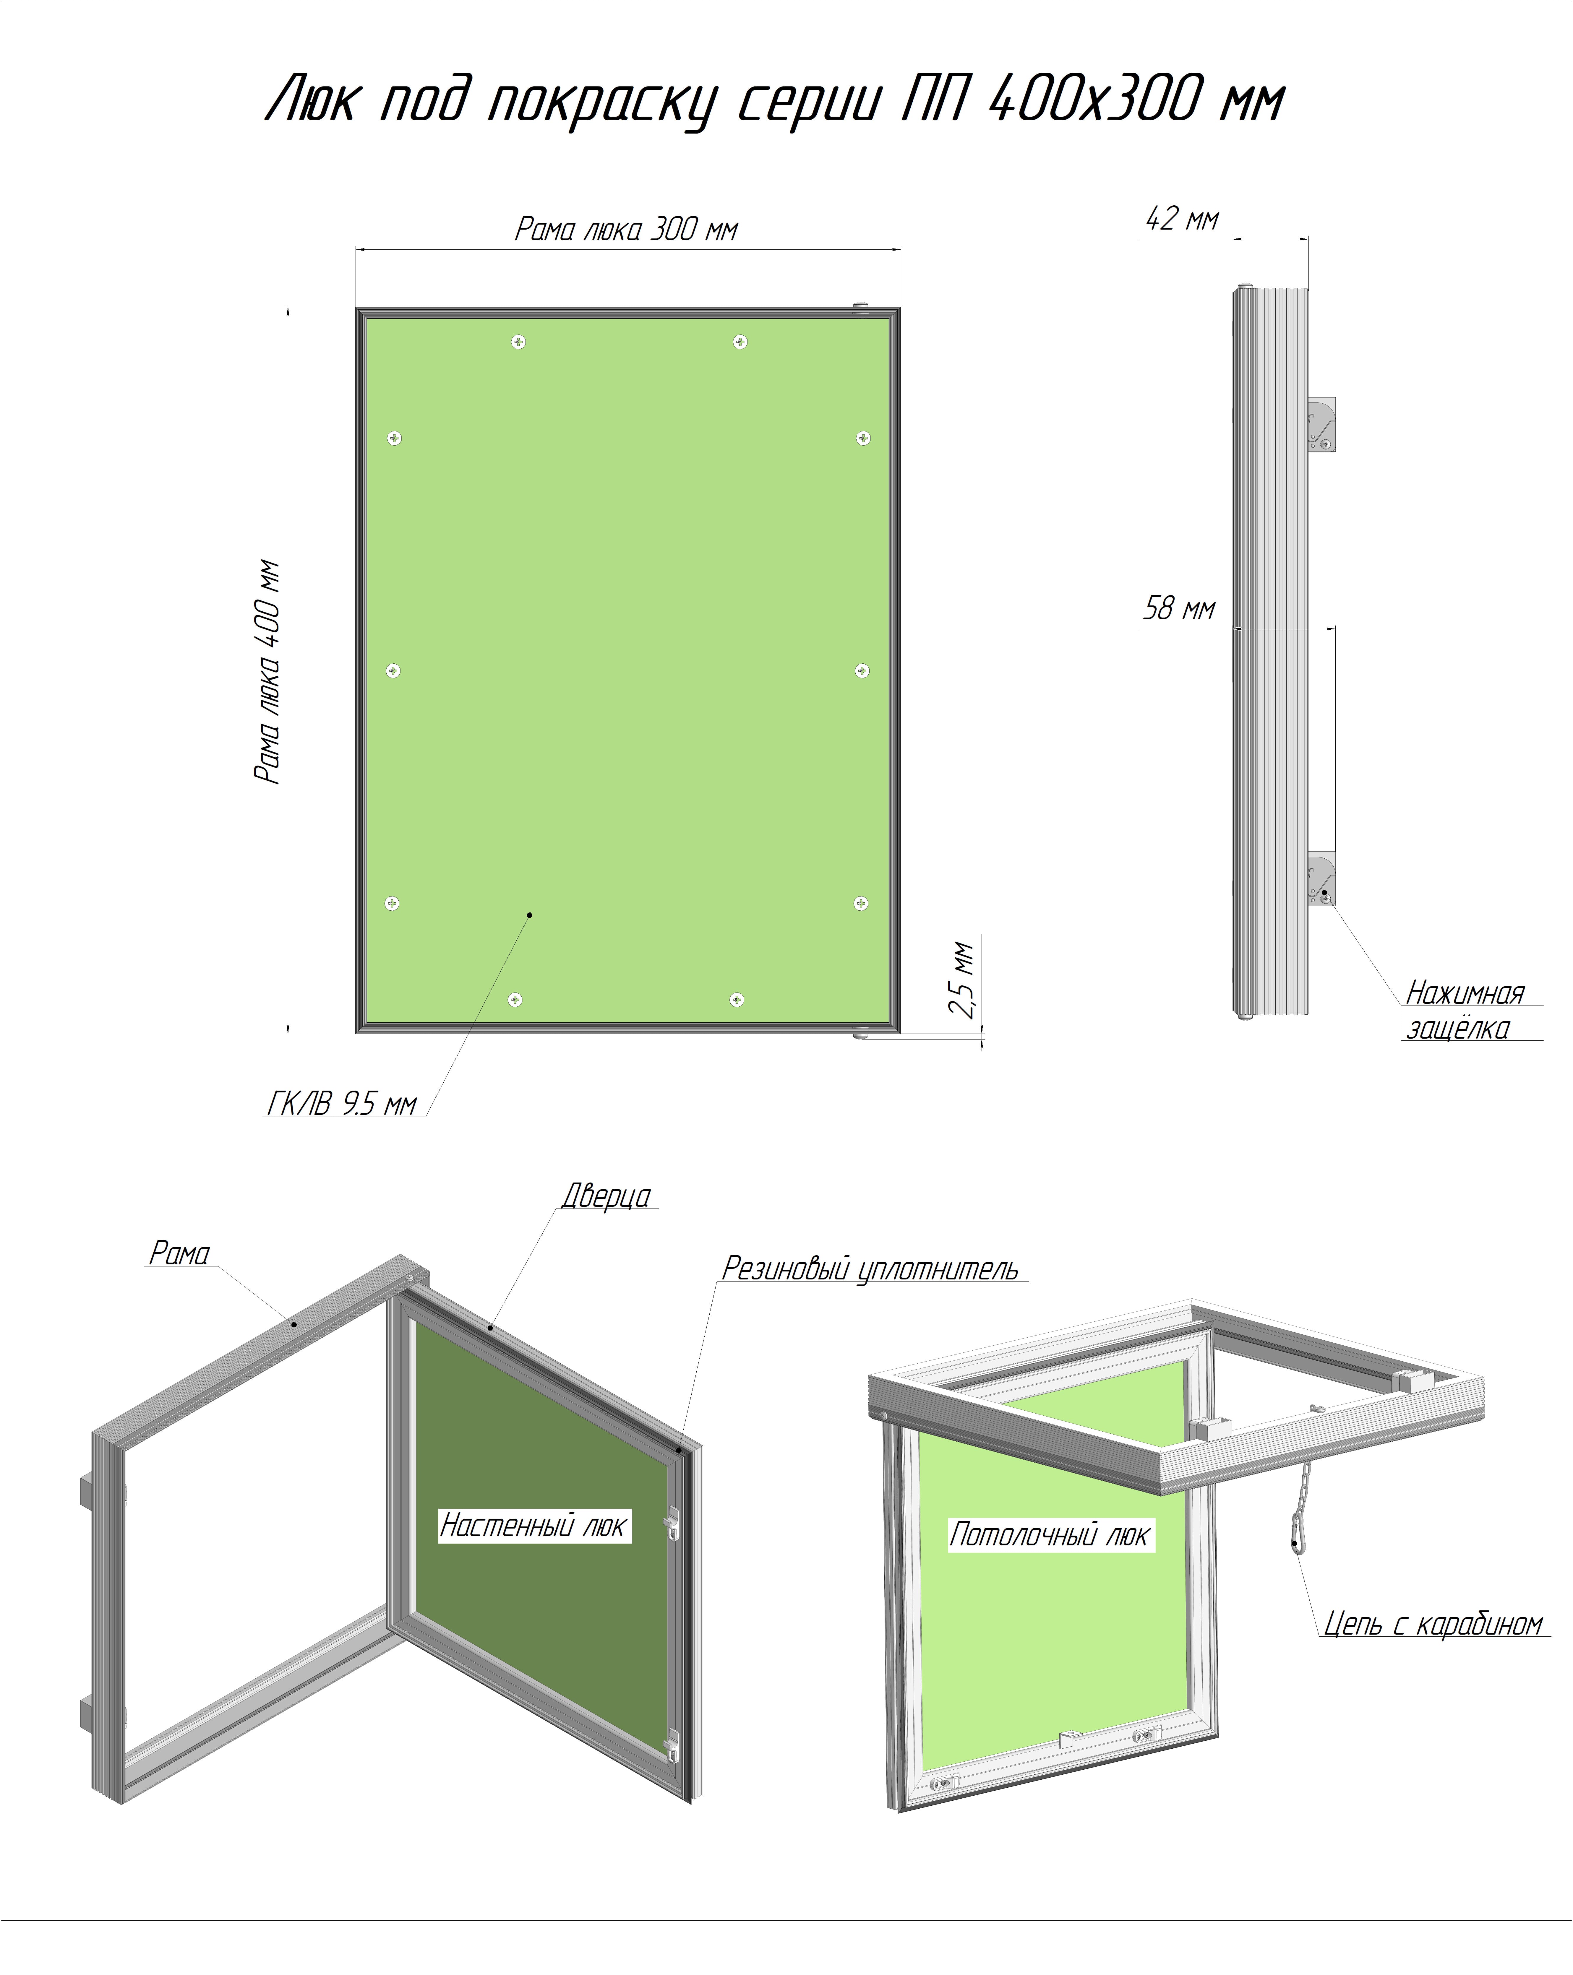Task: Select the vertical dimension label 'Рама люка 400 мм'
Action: pyautogui.click(x=267, y=671)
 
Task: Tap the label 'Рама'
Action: pyautogui.click(x=180, y=1253)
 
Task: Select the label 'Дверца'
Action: pyautogui.click(x=607, y=1196)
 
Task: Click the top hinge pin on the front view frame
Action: pyautogui.click(x=861, y=308)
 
